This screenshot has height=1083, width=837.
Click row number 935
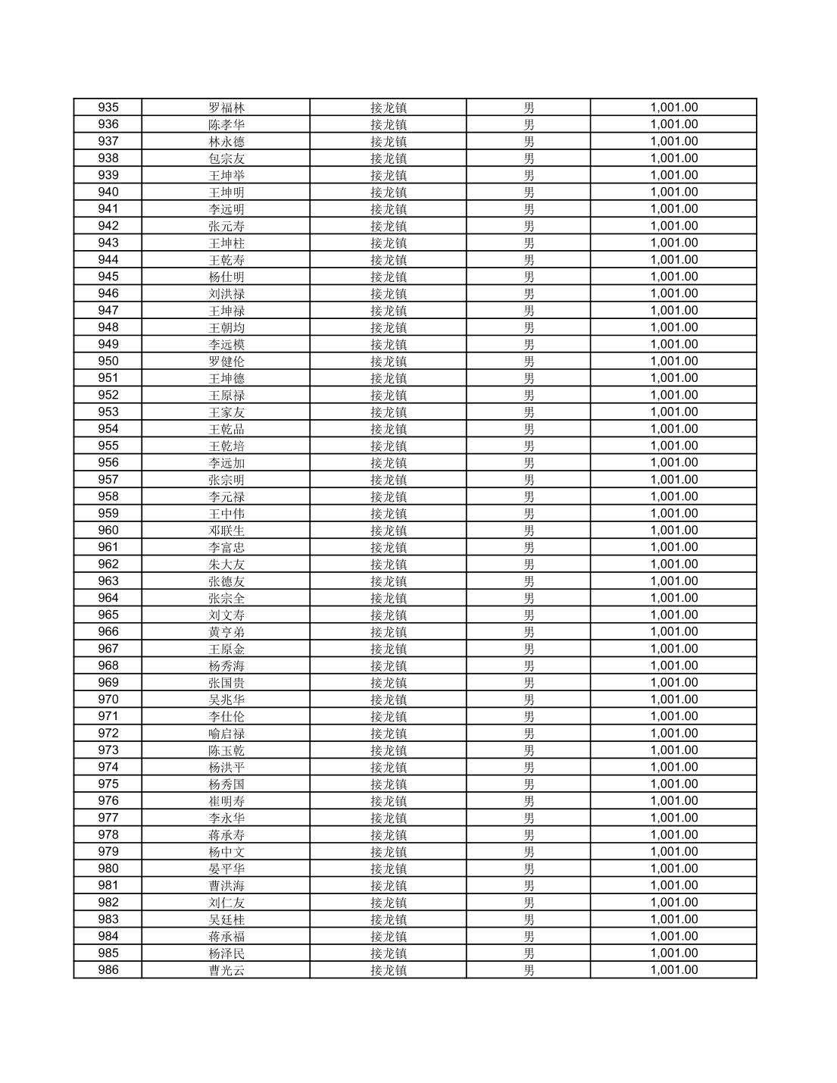coord(108,108)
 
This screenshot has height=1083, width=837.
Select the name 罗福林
coord(226,108)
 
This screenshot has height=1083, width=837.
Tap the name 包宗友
coord(226,158)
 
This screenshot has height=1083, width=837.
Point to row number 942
coord(108,226)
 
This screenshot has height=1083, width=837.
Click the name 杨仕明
coord(226,277)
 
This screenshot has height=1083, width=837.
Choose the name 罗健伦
coord(226,362)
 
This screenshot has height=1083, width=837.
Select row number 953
coord(108,412)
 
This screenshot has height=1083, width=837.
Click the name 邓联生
coord(226,531)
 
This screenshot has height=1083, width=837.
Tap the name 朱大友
coord(226,565)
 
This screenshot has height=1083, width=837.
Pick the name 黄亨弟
coord(226,632)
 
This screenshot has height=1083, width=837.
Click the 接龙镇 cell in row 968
coord(389,666)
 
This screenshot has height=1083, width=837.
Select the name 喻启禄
coord(226,734)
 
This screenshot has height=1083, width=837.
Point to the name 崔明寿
coord(226,801)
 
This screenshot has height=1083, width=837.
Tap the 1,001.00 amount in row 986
coord(673,970)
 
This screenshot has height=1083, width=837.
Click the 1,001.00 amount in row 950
coord(673,362)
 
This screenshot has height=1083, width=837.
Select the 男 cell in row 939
coord(529,175)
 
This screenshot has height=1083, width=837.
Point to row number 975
coord(108,784)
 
